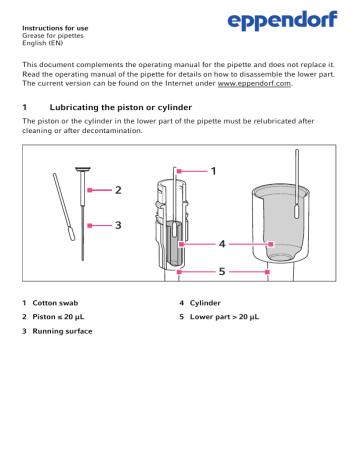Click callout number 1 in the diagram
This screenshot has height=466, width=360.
[x=212, y=171]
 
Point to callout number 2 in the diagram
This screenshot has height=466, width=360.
[x=117, y=189]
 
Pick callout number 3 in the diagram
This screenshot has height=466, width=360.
[x=117, y=225]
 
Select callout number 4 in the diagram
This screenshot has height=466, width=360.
[x=224, y=243]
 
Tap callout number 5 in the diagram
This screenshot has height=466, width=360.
[x=224, y=270]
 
